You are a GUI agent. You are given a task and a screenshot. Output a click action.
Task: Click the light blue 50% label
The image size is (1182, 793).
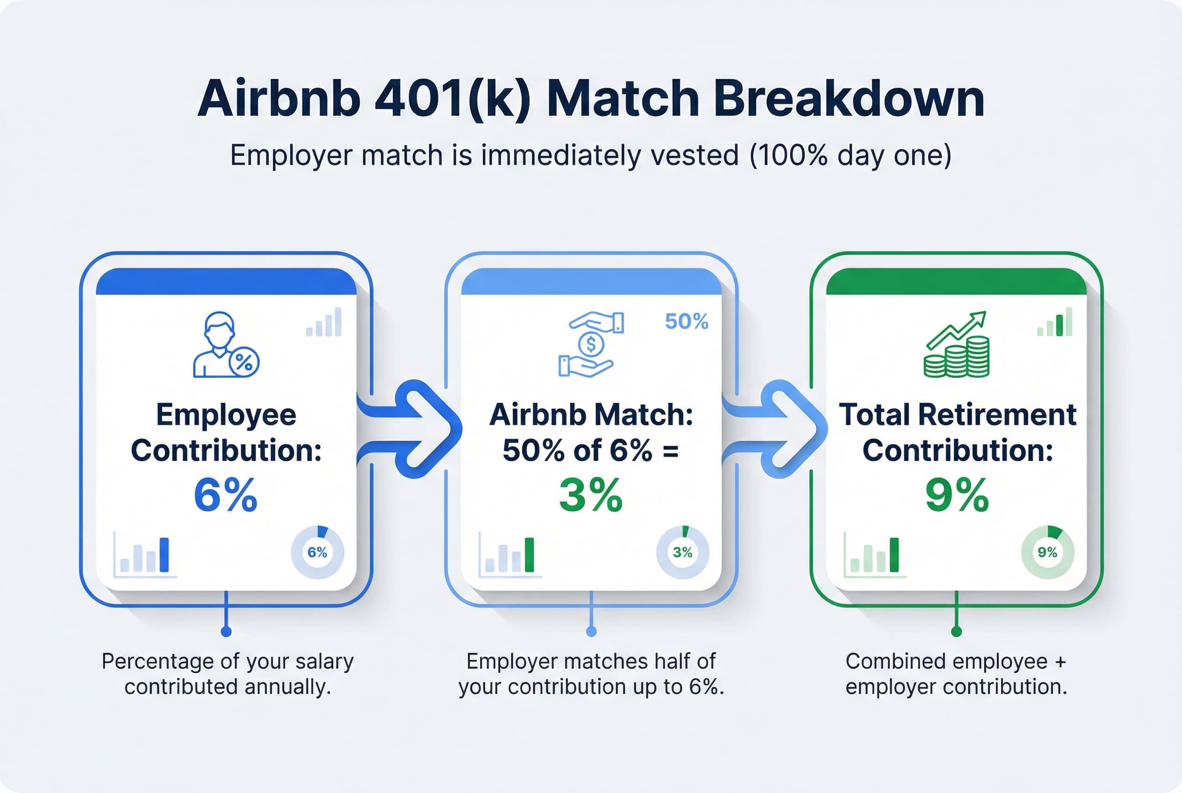[x=686, y=322]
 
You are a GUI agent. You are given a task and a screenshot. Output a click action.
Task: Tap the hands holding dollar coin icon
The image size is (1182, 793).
[x=591, y=345]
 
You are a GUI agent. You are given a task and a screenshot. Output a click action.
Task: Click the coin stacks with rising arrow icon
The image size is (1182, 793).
[x=957, y=345]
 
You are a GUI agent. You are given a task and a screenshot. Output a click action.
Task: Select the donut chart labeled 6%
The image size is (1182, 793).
[x=317, y=552]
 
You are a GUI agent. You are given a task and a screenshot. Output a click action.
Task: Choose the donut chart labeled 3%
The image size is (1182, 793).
[x=682, y=552]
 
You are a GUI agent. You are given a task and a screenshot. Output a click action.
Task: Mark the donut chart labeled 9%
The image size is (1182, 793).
[x=1047, y=552]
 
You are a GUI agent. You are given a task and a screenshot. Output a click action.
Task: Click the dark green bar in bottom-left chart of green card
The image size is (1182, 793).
[x=894, y=555]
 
